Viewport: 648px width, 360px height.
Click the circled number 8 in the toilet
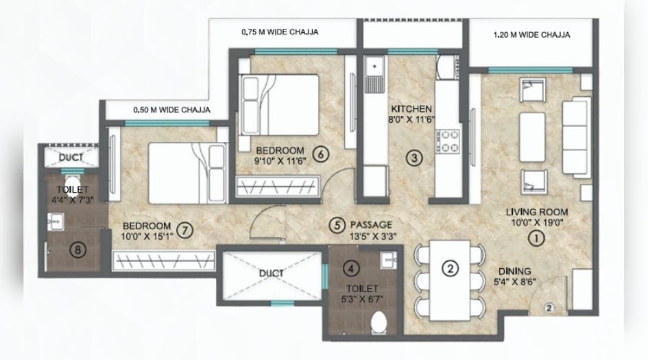pyautogui.click(x=79, y=250)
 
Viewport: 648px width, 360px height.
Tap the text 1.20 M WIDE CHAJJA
pyautogui.click(x=533, y=34)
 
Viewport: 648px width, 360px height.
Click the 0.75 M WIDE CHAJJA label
pyautogui.click(x=280, y=32)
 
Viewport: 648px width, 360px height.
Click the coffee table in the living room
pyautogui.click(x=532, y=134)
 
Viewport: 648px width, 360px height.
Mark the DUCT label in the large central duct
pyautogui.click(x=272, y=272)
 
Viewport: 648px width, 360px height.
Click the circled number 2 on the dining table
pyautogui.click(x=449, y=268)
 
